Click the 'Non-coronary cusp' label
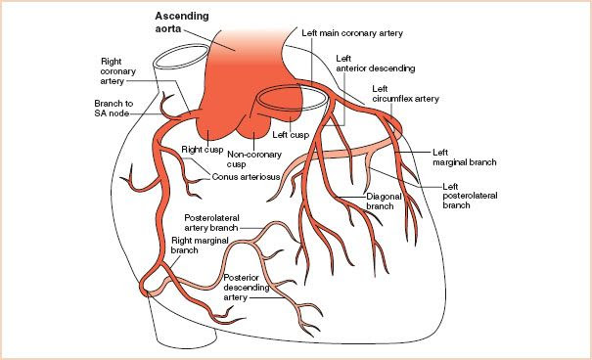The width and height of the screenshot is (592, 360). point(249,160)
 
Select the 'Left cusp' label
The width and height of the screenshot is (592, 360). point(292,135)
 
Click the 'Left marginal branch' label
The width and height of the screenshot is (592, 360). point(467,157)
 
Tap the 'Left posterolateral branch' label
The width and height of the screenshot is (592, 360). point(471,193)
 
